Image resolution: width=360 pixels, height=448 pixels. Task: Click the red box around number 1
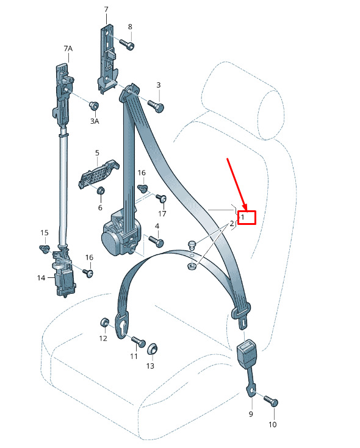[247, 218]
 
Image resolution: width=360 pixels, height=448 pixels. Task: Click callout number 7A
[68, 49]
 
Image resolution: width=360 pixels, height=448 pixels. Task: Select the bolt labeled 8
[127, 44]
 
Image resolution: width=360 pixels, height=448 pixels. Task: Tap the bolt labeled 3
[156, 105]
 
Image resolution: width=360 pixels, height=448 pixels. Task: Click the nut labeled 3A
[94, 105]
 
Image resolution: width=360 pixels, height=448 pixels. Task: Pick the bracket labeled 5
[98, 174]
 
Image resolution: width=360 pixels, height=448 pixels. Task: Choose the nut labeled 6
[100, 190]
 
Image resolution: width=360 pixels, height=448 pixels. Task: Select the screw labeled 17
[162, 197]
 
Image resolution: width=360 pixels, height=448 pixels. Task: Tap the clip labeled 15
[44, 249]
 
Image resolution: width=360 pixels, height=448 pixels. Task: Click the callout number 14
[41, 278]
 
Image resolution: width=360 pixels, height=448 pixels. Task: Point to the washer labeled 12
[104, 322]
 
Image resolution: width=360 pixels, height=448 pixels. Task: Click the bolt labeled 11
[139, 341]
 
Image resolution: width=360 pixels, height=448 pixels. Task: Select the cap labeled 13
[153, 349]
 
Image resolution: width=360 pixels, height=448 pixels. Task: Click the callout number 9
[251, 414]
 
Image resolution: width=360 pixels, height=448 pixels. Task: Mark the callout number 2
[232, 224]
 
